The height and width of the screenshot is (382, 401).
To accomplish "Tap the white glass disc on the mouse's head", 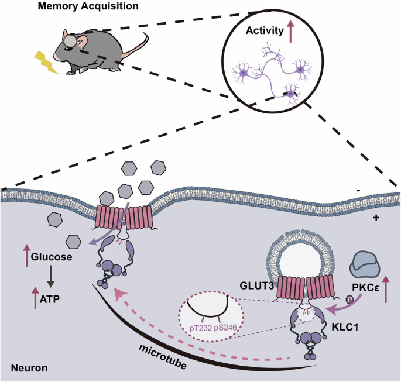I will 70,40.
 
